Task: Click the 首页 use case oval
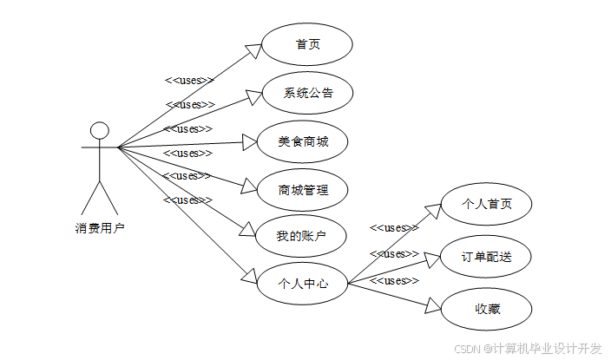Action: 307,44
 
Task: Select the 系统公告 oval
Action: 307,93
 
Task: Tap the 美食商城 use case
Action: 302,141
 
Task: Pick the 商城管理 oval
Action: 303,189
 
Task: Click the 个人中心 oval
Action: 303,283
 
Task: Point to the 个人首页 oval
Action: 486,205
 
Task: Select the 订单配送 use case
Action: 486,256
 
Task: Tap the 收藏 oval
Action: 486,308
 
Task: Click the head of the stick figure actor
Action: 100,131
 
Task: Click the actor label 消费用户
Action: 100,229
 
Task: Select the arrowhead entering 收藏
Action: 433,304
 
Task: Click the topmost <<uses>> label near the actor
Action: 189,81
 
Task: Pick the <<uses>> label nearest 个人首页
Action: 394,228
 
